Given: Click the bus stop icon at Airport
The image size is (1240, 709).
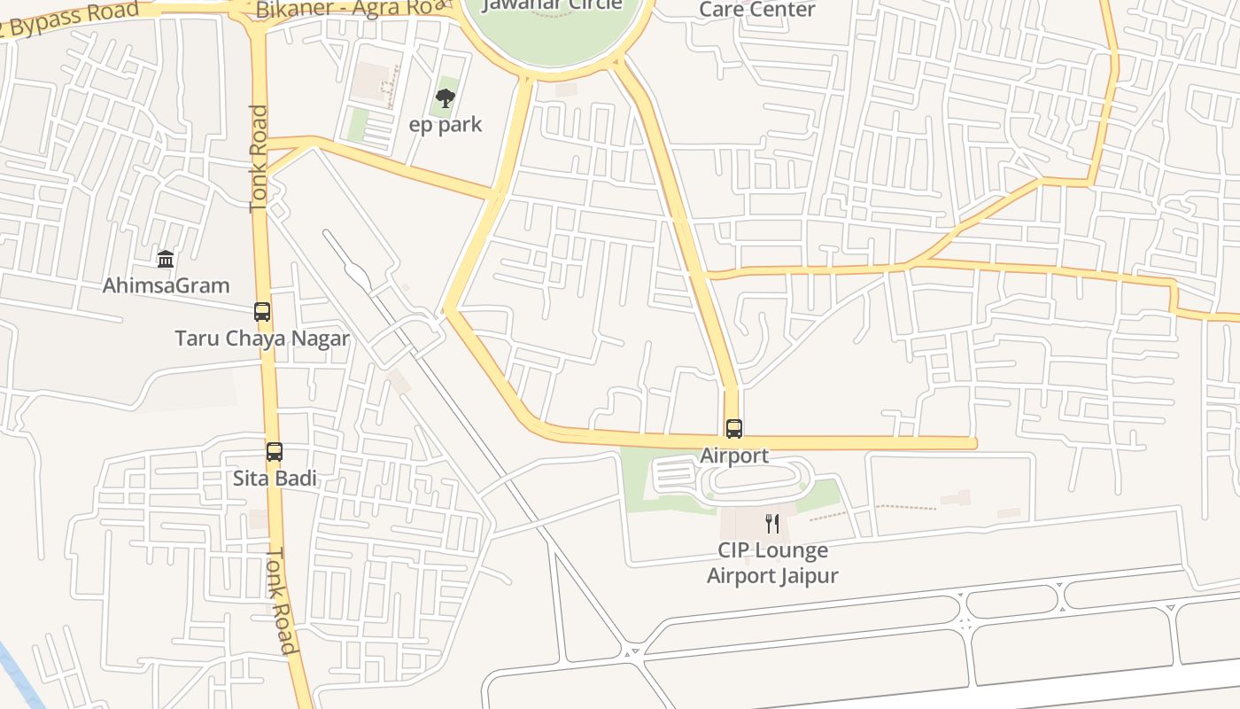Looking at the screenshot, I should [x=734, y=429].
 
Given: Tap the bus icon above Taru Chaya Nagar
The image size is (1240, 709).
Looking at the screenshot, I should [x=262, y=312].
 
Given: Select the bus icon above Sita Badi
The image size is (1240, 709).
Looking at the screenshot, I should [x=275, y=452].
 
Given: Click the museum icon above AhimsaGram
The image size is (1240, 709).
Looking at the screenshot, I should [x=166, y=260].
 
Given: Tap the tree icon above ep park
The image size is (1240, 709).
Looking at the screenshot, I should [x=446, y=98].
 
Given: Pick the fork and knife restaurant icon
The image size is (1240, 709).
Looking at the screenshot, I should [x=772, y=524].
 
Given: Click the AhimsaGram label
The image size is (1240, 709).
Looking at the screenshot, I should [x=166, y=285].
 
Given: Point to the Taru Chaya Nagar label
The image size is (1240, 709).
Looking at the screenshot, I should [x=262, y=339].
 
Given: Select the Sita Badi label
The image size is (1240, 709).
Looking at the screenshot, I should [x=275, y=479].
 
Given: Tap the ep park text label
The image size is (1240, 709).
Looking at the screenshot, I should [x=446, y=124].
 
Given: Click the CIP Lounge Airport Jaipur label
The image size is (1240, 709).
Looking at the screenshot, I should [x=772, y=563].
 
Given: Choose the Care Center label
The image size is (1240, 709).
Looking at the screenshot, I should [x=757, y=10].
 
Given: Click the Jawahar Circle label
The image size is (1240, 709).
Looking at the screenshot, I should [x=554, y=5].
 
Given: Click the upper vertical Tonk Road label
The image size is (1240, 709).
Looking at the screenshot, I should [x=259, y=160].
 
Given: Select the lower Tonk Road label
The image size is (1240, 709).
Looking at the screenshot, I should [x=282, y=600].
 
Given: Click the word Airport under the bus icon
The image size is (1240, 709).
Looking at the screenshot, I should [x=734, y=456].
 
